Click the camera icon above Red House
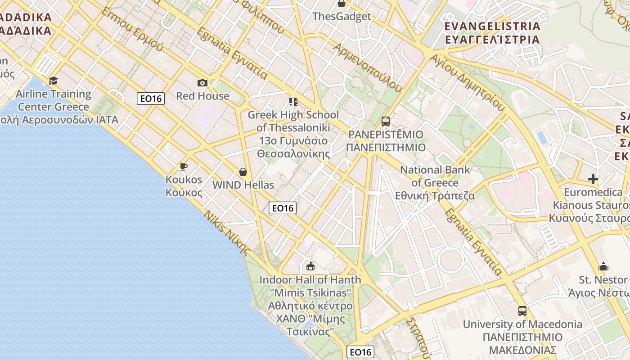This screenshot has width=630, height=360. tap(202, 83)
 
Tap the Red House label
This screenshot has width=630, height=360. tap(202, 96)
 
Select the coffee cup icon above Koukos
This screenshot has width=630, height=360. tap(184, 167)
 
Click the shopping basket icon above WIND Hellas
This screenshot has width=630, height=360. tap(243, 172)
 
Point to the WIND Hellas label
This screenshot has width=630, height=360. tap(243, 185)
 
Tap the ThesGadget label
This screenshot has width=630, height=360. tap(342, 17)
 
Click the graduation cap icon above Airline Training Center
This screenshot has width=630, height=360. tap(54, 81)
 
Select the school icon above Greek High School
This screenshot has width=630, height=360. tap(293, 102)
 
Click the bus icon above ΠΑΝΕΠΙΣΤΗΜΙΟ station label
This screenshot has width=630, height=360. tap(386, 121)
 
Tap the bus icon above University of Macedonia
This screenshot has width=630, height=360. tap(522, 311)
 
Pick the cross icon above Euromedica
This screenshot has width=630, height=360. tap(593, 180)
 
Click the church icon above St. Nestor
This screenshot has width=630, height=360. tap(603, 267)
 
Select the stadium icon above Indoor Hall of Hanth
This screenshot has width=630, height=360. tap(310, 266)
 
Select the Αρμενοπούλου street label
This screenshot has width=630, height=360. tap(367, 67)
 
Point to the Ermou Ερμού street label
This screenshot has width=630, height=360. tap(132, 29)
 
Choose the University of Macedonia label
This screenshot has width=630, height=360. tap(522, 324)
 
